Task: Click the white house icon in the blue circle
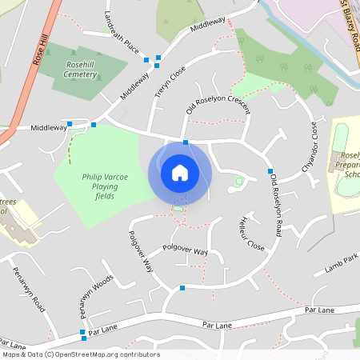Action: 179,172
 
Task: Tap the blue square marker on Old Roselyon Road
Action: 271,171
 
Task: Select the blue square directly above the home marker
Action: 186,142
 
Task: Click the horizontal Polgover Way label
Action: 185,251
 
